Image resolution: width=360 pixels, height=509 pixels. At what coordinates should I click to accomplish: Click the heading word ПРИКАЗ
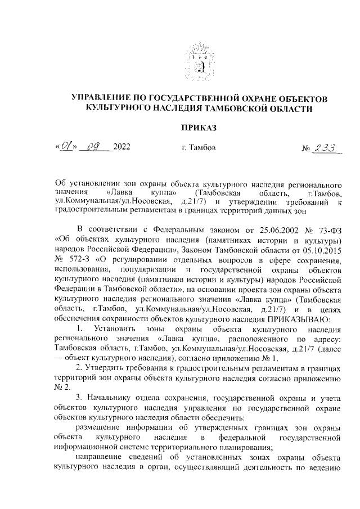click(199, 128)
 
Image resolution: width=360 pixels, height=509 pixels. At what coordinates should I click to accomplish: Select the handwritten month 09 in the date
click(92, 148)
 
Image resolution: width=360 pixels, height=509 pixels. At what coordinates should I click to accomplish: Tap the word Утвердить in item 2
click(105, 367)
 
